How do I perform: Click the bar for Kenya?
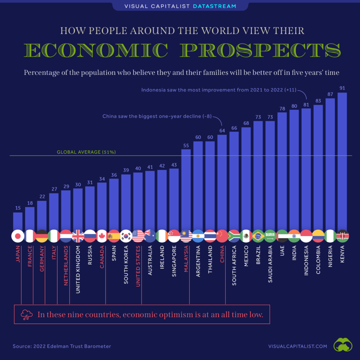[342, 162]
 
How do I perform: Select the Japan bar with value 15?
[18, 221]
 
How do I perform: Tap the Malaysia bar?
[186, 190]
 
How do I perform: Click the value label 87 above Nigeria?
[330, 95]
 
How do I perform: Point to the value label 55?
[186, 145]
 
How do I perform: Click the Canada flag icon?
[102, 236]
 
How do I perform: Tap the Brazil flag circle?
[258, 236]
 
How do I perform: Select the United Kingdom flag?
[78, 236]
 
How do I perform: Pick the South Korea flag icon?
[126, 236]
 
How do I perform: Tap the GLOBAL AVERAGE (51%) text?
[86, 152]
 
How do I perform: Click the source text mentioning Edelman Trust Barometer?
[62, 346]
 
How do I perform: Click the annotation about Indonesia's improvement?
[218, 90]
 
